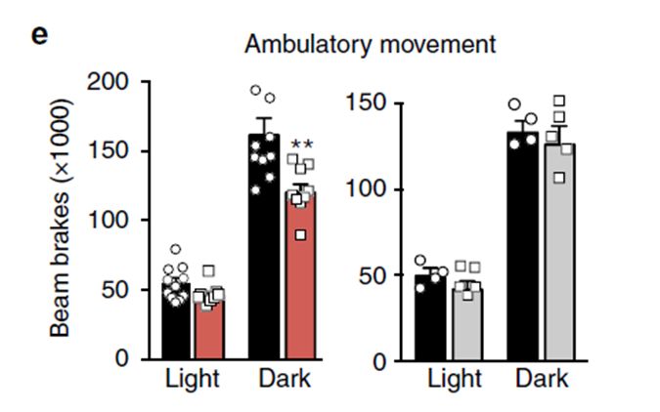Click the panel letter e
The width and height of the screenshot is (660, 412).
(39, 36)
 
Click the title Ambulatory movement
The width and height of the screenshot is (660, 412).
(370, 44)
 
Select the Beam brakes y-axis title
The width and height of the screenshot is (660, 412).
(61, 218)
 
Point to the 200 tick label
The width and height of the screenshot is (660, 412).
(107, 82)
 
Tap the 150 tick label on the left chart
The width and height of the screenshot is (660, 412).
(107, 151)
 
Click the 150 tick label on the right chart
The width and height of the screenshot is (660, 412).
(366, 103)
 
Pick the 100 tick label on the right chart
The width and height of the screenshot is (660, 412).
(366, 188)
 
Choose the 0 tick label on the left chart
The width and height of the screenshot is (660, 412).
(121, 358)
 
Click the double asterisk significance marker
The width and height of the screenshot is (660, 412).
(302, 145)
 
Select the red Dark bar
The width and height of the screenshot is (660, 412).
(300, 275)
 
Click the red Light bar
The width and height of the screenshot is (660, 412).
(209, 326)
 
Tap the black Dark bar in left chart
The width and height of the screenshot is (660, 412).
(264, 247)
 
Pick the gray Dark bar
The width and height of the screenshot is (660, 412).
(560, 252)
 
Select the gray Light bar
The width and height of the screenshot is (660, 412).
(467, 324)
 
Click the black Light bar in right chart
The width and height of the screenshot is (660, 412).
(430, 318)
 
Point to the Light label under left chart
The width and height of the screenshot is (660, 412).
(193, 379)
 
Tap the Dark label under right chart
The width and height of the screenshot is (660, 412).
(542, 379)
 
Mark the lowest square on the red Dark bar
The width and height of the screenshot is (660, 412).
(300, 235)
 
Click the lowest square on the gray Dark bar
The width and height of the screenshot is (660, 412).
(559, 178)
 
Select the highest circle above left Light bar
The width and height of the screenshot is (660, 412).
(176, 249)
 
